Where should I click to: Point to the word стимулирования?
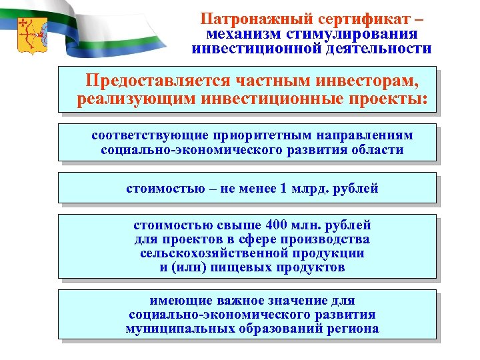[x=353, y=34]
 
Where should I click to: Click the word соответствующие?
[x=141, y=135]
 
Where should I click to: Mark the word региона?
[x=353, y=329]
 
